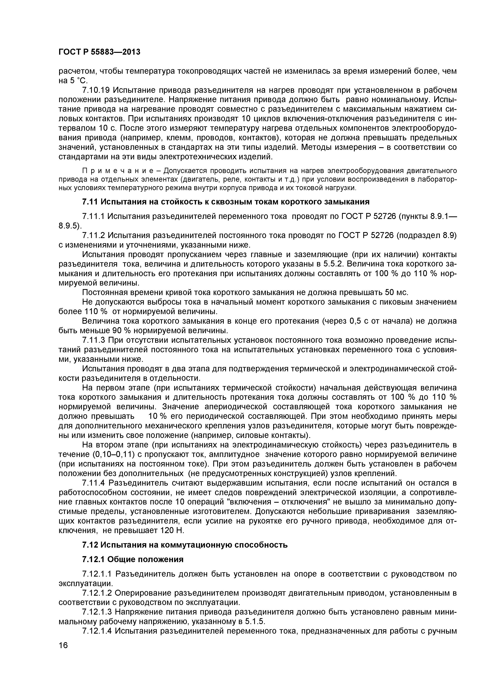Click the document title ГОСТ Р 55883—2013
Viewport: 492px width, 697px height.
[x=99, y=52]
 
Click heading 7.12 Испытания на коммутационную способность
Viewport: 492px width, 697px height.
[x=185, y=545]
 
